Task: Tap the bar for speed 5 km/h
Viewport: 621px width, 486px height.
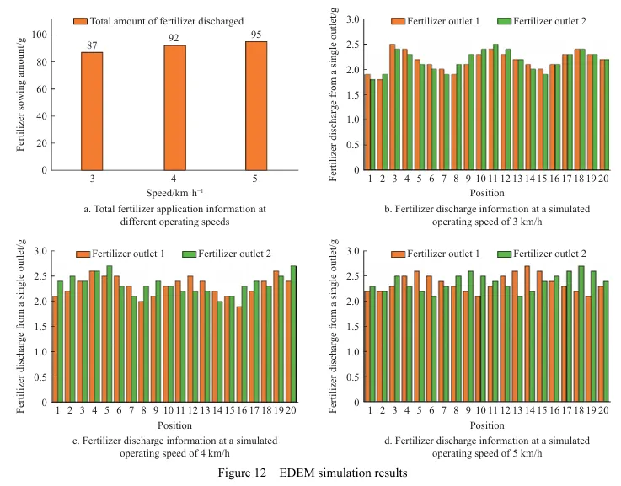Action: [256, 106]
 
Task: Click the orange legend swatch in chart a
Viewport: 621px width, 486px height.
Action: [80, 20]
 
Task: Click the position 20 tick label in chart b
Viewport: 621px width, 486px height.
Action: [604, 179]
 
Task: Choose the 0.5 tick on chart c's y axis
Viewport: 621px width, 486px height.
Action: [39, 377]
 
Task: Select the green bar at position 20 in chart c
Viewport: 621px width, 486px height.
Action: [292, 334]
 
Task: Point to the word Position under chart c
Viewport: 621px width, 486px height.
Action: [171, 425]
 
